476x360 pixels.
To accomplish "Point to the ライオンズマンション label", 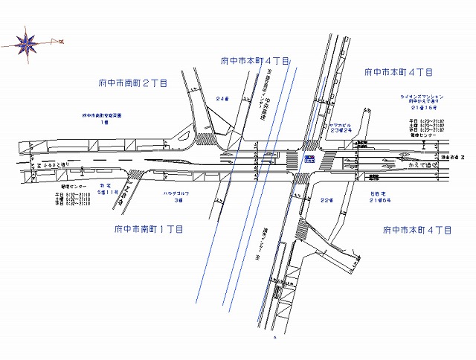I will [422, 97].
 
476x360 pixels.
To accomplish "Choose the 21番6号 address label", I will [382, 200].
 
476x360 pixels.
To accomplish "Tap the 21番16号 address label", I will [422, 108].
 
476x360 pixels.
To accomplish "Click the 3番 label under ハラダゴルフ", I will [178, 200].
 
